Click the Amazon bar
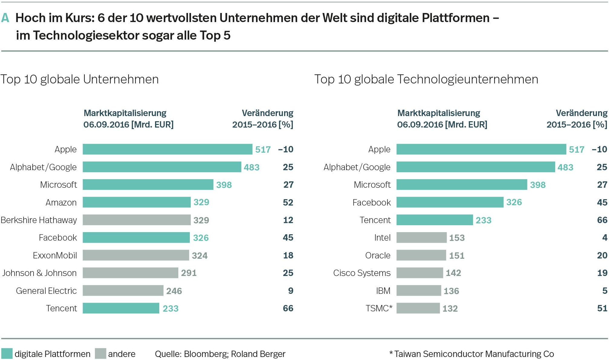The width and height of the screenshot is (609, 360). pyautogui.click(x=137, y=202)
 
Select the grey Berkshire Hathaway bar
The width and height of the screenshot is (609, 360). pyautogui.click(x=137, y=220)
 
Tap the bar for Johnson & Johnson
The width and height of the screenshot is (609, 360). pyautogui.click(x=130, y=273)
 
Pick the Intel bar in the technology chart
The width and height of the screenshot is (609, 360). pyautogui.click(x=421, y=238)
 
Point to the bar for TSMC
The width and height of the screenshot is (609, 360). pyautogui.click(x=418, y=308)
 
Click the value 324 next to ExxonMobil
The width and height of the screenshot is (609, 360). pyautogui.click(x=200, y=256)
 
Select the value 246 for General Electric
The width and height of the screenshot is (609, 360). pyautogui.click(x=174, y=291)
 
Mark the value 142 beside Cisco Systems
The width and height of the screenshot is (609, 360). pyautogui.click(x=453, y=273)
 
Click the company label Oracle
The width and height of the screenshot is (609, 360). pyautogui.click(x=378, y=256)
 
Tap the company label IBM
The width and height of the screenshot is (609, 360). pyautogui.click(x=383, y=291)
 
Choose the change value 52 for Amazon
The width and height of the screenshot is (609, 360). pyautogui.click(x=288, y=203)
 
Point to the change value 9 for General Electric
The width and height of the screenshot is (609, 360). pyautogui.click(x=291, y=291)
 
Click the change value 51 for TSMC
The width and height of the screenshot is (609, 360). pyautogui.click(x=602, y=308)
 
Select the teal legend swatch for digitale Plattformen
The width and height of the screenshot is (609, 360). pyautogui.click(x=7, y=354)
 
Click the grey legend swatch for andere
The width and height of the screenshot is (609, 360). pyautogui.click(x=100, y=354)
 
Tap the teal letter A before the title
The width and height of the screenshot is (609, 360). pyautogui.click(x=5, y=18)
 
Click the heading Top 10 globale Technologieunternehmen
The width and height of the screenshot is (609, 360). pyautogui.click(x=426, y=79)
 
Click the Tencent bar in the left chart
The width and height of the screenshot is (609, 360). pyautogui.click(x=121, y=308)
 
